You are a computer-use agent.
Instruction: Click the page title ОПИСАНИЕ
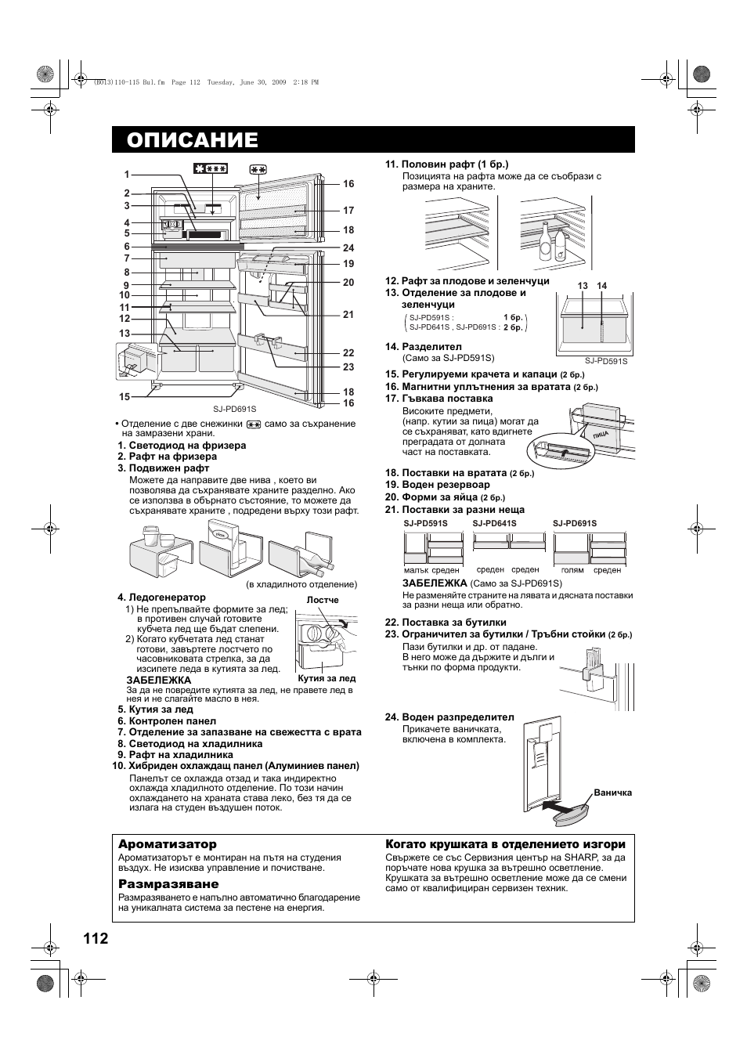pyautogui.click(x=192, y=139)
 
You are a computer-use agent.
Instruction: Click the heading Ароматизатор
pyautogui.click(x=168, y=844)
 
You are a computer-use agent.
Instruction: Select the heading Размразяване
pyautogui.click(x=168, y=884)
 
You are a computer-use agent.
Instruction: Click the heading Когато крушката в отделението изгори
pyautogui.click(x=505, y=844)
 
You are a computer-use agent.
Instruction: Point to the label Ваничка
pyautogui.click(x=612, y=793)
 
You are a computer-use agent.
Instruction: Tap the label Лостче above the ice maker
pyautogui.click(x=323, y=600)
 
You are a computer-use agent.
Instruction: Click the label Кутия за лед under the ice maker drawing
pyautogui.click(x=327, y=678)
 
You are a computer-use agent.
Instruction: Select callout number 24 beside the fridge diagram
pyautogui.click(x=348, y=248)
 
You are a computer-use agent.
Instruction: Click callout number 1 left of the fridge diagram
pyautogui.click(x=126, y=175)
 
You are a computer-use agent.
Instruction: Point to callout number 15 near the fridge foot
pyautogui.click(x=125, y=397)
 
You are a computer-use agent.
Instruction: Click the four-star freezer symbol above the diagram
pyautogui.click(x=211, y=168)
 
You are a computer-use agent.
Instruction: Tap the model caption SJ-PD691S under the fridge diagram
pyautogui.click(x=235, y=409)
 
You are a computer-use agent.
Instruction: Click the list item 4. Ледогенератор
pyautogui.click(x=162, y=598)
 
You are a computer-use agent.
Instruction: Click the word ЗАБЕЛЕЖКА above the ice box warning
pyautogui.click(x=159, y=680)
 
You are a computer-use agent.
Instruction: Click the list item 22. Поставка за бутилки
pyautogui.click(x=446, y=623)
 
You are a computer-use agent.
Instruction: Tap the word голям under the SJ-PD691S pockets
pyautogui.click(x=572, y=570)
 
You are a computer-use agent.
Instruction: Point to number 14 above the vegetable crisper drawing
pyautogui.click(x=601, y=286)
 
